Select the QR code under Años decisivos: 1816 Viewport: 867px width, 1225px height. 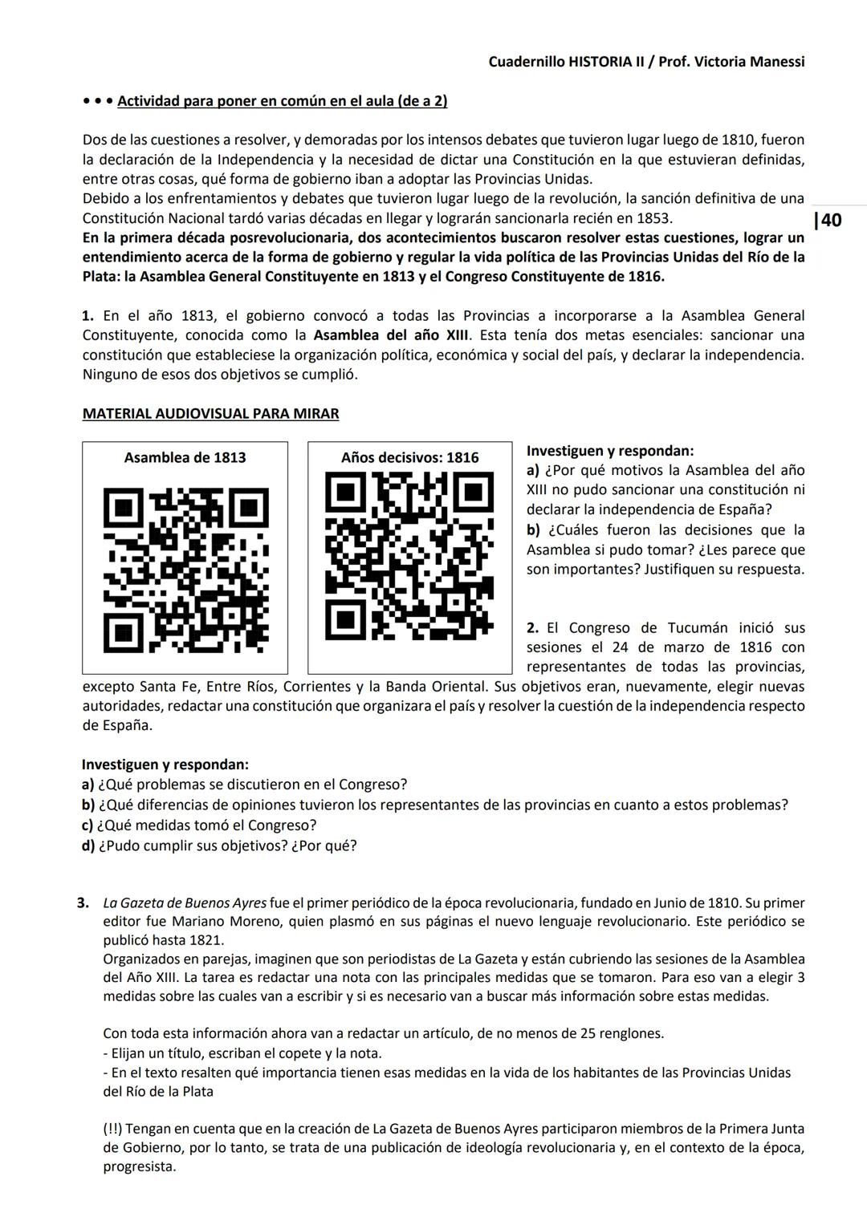pyautogui.click(x=409, y=556)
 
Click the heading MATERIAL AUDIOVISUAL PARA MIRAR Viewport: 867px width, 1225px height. pyautogui.click(x=210, y=414)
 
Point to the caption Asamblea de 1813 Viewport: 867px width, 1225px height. pyautogui.click(x=185, y=458)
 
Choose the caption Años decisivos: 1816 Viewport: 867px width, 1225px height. pyautogui.click(x=409, y=458)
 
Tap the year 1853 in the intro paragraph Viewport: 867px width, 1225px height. pyautogui.click(x=653, y=218)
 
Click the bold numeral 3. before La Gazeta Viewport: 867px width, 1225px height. pyautogui.click(x=83, y=903)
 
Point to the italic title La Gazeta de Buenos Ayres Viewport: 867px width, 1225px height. pyautogui.click(x=185, y=903)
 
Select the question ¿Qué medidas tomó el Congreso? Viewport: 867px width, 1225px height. pyautogui.click(x=207, y=825)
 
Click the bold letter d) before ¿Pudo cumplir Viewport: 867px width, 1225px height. pyautogui.click(x=88, y=846)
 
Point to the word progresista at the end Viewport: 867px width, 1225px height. pyautogui.click(x=139, y=1166)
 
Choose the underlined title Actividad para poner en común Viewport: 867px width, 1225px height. pyautogui.click(x=283, y=101)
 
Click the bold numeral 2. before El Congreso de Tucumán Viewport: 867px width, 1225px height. pyautogui.click(x=533, y=628)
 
